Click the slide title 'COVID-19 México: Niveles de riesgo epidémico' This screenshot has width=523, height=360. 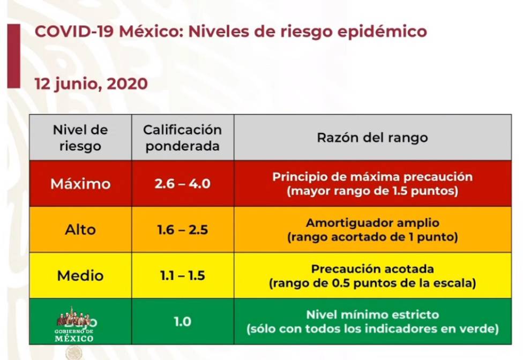pyautogui.click(x=230, y=31)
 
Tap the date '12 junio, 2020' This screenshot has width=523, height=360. pyautogui.click(x=91, y=84)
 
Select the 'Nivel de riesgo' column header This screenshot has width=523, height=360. pyautogui.click(x=80, y=137)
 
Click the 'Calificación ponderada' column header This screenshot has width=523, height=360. pyautogui.click(x=182, y=137)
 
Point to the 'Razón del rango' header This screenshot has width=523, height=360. pyautogui.click(x=372, y=137)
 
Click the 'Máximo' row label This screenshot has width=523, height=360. pyautogui.click(x=80, y=184)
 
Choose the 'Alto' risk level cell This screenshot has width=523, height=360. pyautogui.click(x=80, y=230)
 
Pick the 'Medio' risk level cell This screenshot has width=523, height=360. pyautogui.click(x=80, y=276)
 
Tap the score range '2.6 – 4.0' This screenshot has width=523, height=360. pyautogui.click(x=182, y=184)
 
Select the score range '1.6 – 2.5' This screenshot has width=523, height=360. pyautogui.click(x=182, y=230)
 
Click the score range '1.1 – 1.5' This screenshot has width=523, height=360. pyautogui.click(x=182, y=276)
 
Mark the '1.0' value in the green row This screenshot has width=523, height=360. pyautogui.click(x=182, y=322)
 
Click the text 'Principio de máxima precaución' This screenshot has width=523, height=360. pyautogui.click(x=372, y=177)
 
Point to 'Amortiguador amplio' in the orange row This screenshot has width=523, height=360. pyautogui.click(x=372, y=223)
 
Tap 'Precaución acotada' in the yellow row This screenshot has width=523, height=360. pyautogui.click(x=372, y=269)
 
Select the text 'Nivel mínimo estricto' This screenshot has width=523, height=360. pyautogui.click(x=372, y=315)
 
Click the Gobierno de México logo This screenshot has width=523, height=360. pyautogui.click(x=74, y=325)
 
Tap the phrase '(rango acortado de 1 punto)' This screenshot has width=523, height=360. pyautogui.click(x=372, y=237)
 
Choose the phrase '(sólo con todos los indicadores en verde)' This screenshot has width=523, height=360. pyautogui.click(x=372, y=328)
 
